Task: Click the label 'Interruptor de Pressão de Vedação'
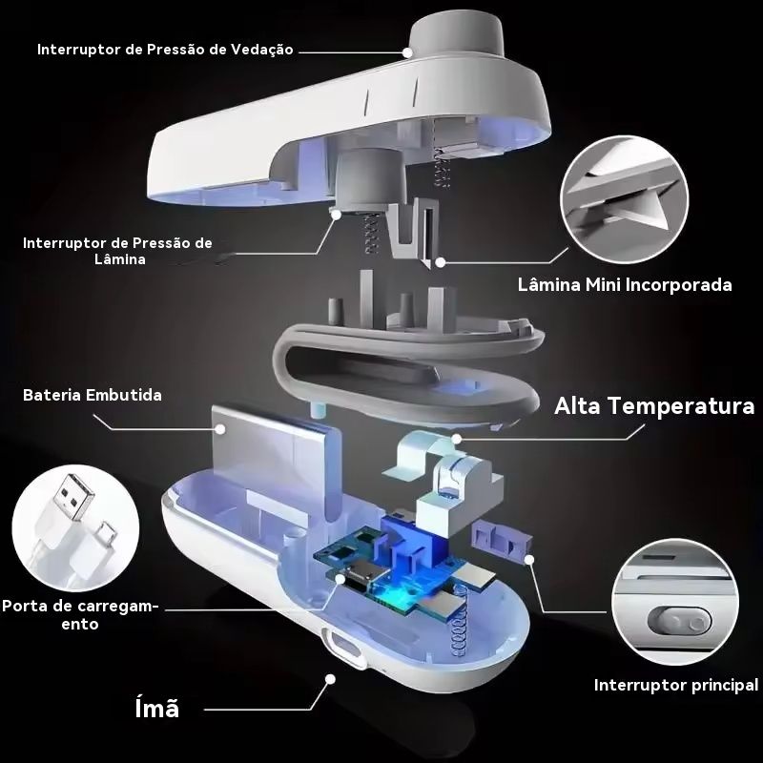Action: point(165,50)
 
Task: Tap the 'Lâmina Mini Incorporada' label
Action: point(625,284)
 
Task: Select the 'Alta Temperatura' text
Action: point(654,406)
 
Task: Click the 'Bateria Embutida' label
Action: point(93,395)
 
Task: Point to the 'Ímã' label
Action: point(156,708)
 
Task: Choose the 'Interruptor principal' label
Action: point(676,685)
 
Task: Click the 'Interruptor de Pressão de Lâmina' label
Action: point(117,251)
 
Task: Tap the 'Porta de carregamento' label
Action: point(80,615)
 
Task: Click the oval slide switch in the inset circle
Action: point(679,622)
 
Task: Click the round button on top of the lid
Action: point(457,34)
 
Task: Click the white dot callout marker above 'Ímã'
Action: point(330,679)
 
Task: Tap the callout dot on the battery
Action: point(220,428)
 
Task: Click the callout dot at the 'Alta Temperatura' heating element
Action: point(456,439)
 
